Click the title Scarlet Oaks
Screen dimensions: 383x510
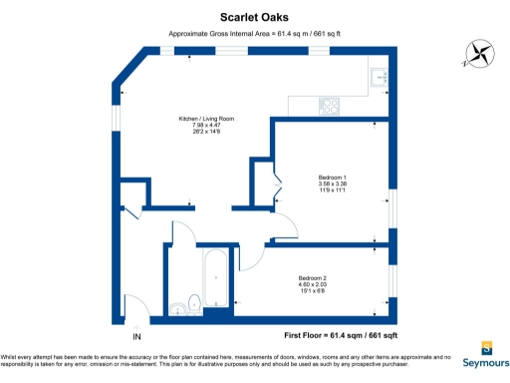coord(254,16)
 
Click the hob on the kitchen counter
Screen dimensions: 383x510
coord(329,105)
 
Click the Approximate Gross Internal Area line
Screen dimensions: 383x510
coord(254,34)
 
